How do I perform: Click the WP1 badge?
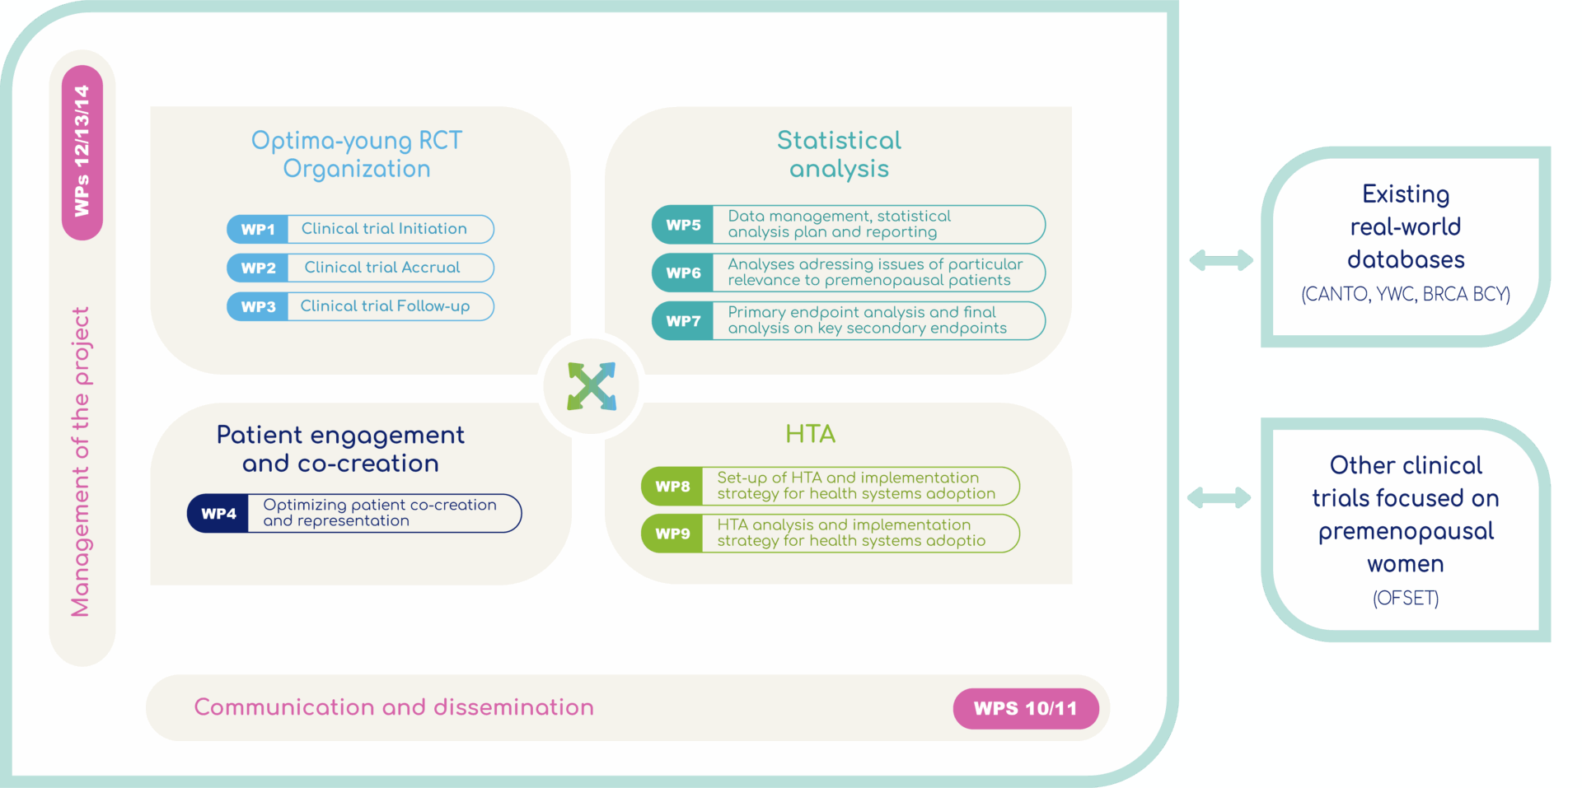[258, 229]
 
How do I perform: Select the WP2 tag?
[258, 268]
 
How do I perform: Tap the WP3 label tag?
[258, 306]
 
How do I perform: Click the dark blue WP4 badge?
[218, 514]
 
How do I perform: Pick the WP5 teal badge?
[683, 225]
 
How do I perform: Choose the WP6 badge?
[683, 273]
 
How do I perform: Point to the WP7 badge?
[683, 321]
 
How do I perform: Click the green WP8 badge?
[672, 487]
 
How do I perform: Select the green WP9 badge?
[672, 534]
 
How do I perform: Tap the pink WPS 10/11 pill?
[1026, 708]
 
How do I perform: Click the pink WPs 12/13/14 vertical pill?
[82, 152]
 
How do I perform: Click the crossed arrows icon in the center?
[592, 386]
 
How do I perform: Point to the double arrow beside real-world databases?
[1221, 261]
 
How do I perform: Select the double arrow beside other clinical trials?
[1219, 497]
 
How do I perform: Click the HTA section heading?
[811, 434]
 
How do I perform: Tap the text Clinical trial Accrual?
[382, 268]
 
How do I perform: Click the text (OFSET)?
[1406, 599]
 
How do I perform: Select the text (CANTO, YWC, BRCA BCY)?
[1406, 294]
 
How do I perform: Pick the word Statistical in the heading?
[840, 141]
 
